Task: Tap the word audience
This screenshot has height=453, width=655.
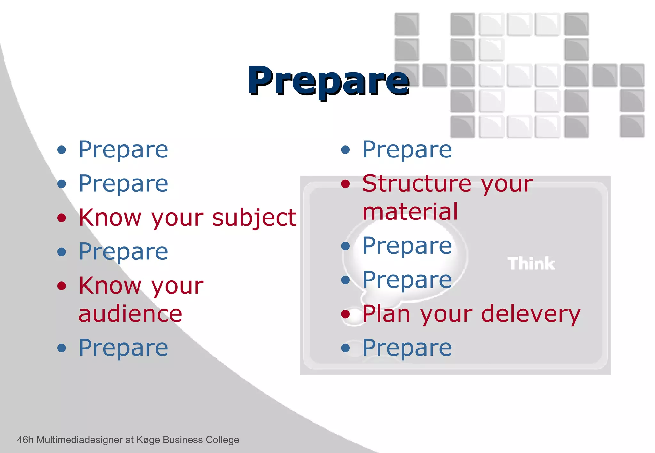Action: [130, 314]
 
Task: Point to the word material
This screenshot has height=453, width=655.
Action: [410, 212]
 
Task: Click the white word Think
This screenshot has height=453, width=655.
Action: [531, 264]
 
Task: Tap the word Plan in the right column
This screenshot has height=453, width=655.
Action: [386, 314]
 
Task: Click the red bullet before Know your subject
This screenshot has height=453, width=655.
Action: [61, 218]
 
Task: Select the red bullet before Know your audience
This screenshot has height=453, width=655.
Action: [61, 286]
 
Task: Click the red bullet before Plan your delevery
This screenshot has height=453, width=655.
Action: [345, 314]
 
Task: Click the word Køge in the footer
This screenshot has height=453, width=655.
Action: [148, 440]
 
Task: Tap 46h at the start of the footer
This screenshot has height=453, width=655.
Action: [25, 440]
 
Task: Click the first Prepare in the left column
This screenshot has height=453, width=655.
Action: [123, 150]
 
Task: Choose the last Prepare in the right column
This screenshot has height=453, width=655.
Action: [407, 348]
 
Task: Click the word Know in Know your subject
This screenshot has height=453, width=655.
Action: [110, 218]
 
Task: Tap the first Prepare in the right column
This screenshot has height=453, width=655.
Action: [407, 150]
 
